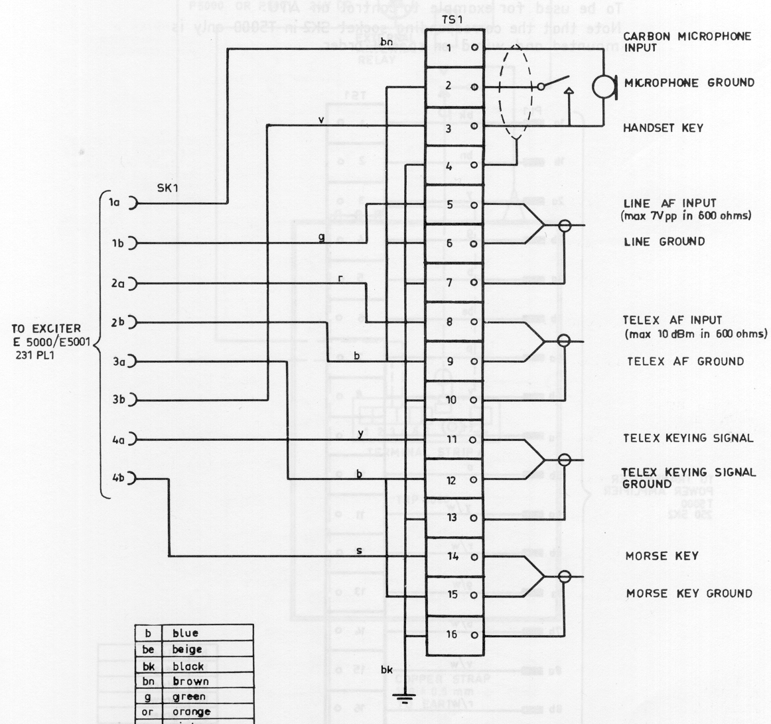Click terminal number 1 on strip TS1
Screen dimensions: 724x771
[x=449, y=48]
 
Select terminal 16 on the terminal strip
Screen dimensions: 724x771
[x=452, y=634]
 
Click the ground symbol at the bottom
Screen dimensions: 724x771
[x=403, y=697]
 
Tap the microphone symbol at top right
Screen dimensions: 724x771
[x=604, y=86]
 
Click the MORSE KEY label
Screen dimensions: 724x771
[x=661, y=556]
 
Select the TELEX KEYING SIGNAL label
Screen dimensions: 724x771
[x=688, y=438]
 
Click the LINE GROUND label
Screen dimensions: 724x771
[x=664, y=241]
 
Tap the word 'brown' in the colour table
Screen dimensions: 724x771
[x=190, y=681]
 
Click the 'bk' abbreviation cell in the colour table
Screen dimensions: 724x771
[x=148, y=666]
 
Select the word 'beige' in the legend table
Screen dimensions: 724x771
[x=188, y=650]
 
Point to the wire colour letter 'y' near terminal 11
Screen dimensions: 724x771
[x=360, y=434]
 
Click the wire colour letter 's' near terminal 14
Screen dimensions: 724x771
[x=359, y=550]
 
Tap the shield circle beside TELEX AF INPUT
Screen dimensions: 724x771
[x=564, y=341]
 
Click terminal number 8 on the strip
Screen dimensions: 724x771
[x=449, y=322]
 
